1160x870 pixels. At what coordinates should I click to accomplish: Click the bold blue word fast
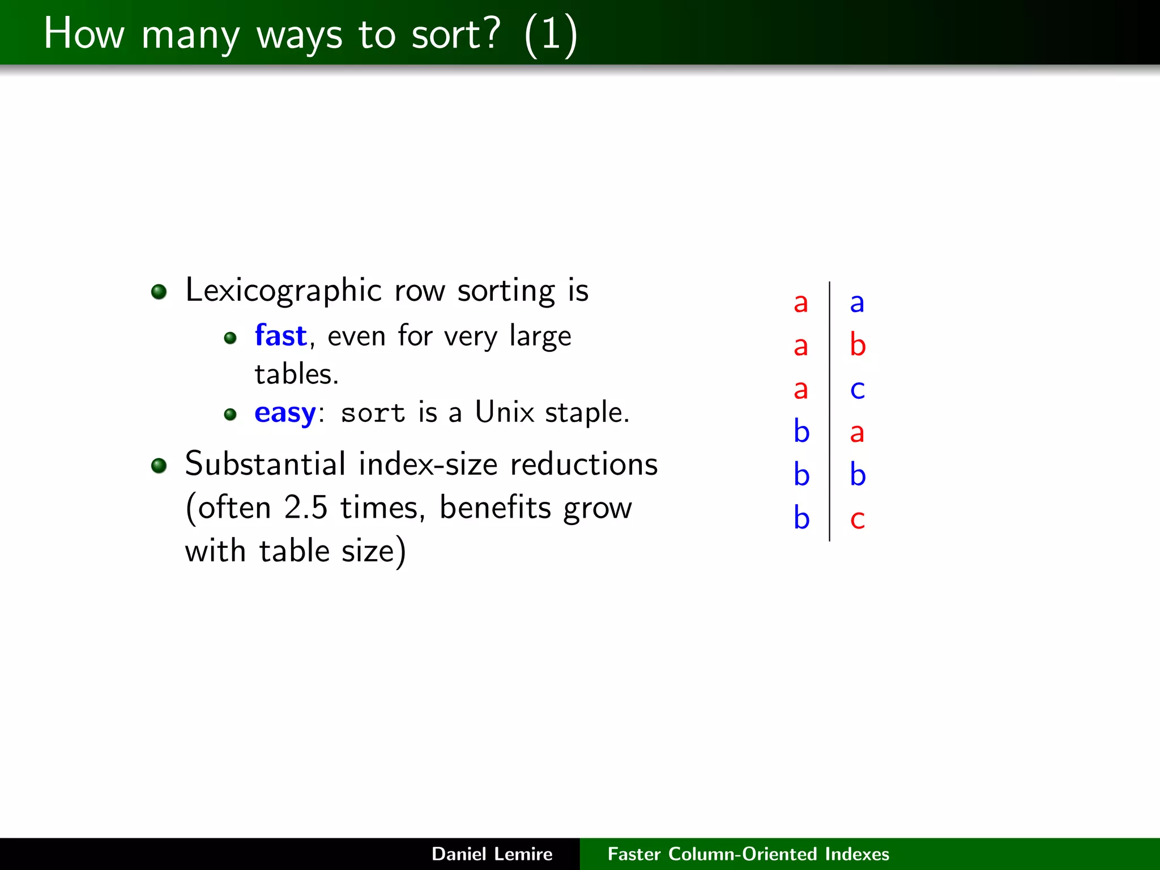click(280, 335)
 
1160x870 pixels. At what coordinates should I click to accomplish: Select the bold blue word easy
click(285, 413)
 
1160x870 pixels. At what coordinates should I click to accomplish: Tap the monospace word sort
click(373, 413)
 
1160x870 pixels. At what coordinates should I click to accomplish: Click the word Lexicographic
click(283, 291)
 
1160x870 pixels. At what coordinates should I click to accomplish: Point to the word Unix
click(504, 412)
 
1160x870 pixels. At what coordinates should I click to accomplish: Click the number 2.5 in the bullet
click(305, 507)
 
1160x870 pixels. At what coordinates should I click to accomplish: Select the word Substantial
click(265, 464)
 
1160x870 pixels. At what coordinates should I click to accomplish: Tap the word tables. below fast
click(296, 374)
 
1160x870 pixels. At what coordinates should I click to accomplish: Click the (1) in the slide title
click(551, 35)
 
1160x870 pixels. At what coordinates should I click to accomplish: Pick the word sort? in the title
click(456, 34)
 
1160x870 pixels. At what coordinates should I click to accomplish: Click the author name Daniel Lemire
click(492, 854)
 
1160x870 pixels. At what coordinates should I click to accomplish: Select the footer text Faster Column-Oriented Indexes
click(748, 854)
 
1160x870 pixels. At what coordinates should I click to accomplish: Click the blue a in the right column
click(857, 303)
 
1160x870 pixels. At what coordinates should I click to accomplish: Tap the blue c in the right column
click(858, 390)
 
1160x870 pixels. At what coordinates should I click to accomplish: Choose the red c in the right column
click(858, 519)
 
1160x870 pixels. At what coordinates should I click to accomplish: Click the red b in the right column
click(858, 345)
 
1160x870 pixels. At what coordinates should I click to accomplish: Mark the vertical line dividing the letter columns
click(829, 411)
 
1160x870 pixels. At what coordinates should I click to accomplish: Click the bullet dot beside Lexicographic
click(159, 292)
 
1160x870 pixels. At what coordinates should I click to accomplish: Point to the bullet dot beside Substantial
click(159, 466)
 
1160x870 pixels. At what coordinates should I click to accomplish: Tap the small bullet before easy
click(230, 415)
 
